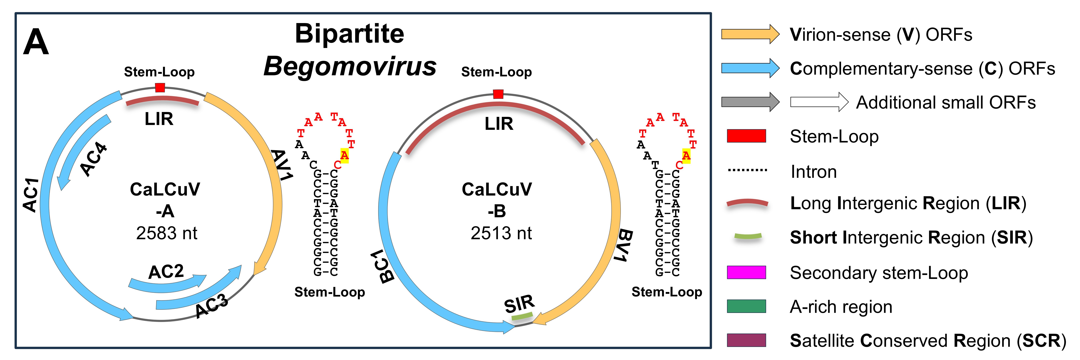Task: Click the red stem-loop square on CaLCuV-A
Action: point(160,88)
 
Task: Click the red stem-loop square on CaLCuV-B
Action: point(498,94)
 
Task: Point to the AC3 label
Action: point(212,306)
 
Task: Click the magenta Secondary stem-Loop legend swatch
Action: point(746,272)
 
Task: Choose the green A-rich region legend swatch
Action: point(746,306)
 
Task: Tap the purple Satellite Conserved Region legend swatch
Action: point(746,340)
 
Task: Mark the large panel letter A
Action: point(36,42)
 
